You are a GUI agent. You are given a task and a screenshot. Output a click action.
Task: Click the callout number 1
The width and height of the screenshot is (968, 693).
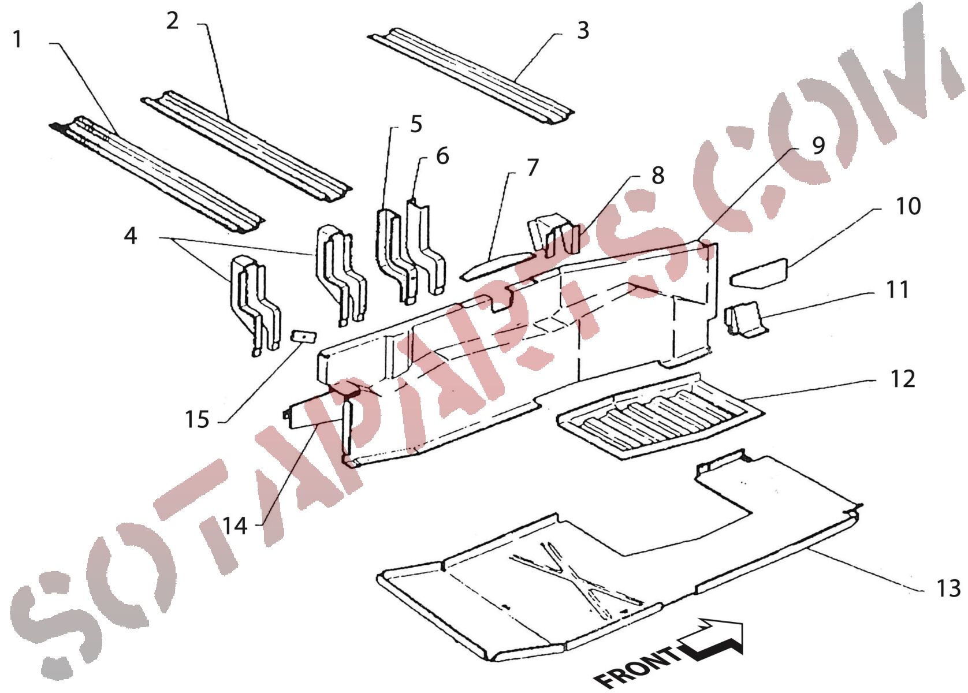17,39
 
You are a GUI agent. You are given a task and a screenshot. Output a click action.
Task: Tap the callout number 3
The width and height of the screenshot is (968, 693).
583,31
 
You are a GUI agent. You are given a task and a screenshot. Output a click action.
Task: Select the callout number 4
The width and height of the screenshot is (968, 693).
131,236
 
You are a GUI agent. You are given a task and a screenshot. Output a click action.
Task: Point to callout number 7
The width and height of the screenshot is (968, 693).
533,167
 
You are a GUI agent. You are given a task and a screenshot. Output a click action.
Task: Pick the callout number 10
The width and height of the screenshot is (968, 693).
908,206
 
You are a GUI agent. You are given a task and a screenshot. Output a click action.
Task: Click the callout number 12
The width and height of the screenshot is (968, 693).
903,379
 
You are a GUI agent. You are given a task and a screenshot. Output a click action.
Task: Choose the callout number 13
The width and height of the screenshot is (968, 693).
948,588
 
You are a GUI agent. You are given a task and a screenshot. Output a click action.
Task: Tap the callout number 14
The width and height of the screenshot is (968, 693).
235,526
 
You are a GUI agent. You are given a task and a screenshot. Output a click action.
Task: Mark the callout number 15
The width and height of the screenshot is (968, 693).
197,419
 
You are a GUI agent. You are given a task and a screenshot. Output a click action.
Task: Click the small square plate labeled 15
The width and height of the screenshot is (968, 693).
304,336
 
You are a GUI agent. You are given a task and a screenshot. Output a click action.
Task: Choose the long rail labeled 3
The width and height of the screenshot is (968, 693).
471,76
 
